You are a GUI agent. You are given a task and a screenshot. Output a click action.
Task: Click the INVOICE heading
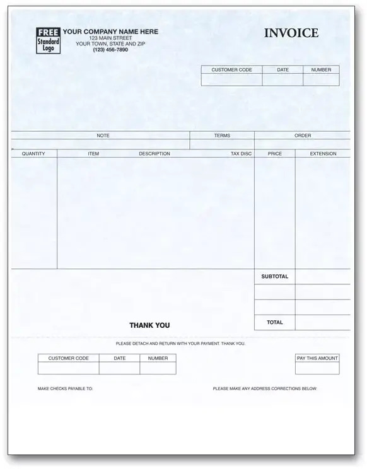[291, 33]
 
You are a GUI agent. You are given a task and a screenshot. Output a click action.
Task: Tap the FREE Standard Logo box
[49, 40]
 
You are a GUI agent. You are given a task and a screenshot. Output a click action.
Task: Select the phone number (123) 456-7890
[110, 50]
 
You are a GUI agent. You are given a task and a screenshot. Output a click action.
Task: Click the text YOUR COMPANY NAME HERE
[110, 32]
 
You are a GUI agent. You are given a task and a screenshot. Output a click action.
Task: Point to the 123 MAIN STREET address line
[110, 38]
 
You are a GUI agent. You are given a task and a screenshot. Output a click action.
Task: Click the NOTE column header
[103, 136]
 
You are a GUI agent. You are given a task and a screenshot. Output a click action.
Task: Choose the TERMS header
[222, 136]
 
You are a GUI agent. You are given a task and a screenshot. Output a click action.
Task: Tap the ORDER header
[303, 136]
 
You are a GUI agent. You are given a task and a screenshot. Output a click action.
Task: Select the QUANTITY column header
[33, 154]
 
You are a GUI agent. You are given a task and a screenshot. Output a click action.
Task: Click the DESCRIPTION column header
[154, 154]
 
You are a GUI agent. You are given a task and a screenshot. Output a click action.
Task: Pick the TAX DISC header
[241, 154]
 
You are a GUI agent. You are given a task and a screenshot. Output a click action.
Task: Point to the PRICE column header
[275, 154]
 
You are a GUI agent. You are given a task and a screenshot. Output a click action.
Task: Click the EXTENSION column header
[323, 154]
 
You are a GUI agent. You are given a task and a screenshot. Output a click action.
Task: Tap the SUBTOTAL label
[275, 277]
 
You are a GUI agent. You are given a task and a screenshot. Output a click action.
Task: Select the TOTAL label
[275, 322]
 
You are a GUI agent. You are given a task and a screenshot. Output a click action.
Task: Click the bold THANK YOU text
[149, 325]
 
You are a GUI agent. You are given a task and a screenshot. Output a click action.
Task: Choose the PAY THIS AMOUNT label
[317, 358]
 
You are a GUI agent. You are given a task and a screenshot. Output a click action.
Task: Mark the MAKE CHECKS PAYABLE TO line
[65, 389]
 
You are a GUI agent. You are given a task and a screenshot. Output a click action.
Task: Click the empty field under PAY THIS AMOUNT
[317, 368]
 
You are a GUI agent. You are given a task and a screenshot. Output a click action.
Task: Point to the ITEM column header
[93, 154]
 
